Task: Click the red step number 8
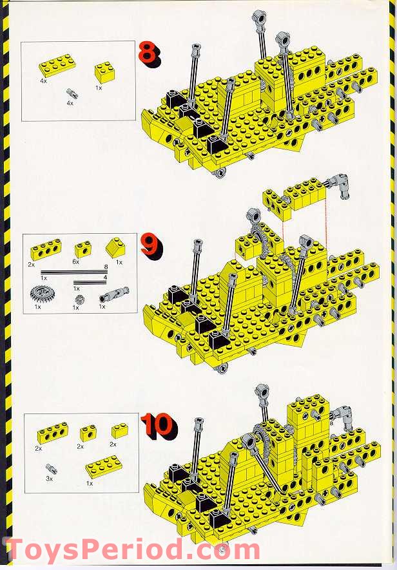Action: (x=148, y=52)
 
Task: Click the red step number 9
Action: (x=151, y=245)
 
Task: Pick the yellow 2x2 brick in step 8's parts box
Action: (x=104, y=71)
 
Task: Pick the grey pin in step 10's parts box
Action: (x=50, y=469)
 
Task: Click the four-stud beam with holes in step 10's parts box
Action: (x=52, y=433)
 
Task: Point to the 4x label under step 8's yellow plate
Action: (x=43, y=82)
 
